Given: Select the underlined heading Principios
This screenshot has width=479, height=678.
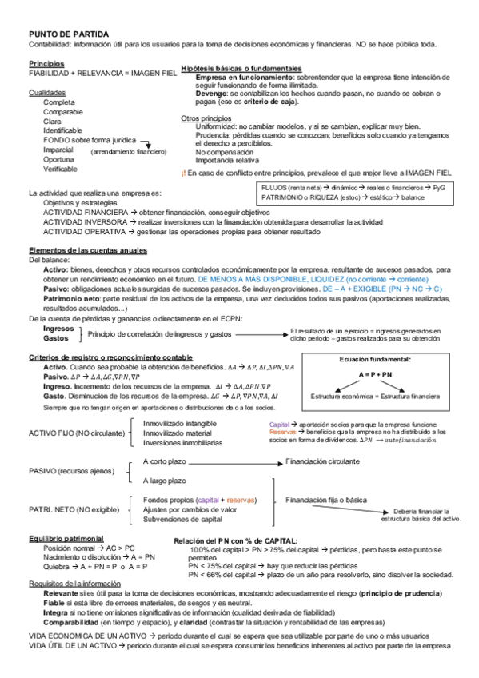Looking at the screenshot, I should pyautogui.click(x=46, y=62).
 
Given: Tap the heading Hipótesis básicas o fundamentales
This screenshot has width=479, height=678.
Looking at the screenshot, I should pyautogui.click(x=241, y=69).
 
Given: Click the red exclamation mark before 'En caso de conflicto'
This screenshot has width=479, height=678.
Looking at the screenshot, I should pyautogui.click(x=183, y=172).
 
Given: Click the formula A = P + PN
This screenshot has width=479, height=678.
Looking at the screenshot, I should pyautogui.click(x=375, y=374).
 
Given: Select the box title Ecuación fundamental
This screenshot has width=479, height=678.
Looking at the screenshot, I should pyautogui.click(x=375, y=360).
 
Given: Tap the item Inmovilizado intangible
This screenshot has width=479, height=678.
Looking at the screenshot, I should pyautogui.click(x=179, y=422).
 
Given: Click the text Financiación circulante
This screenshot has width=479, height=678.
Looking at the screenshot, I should pyautogui.click(x=323, y=461).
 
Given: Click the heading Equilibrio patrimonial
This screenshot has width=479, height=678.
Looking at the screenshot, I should pyautogui.click(x=66, y=538).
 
